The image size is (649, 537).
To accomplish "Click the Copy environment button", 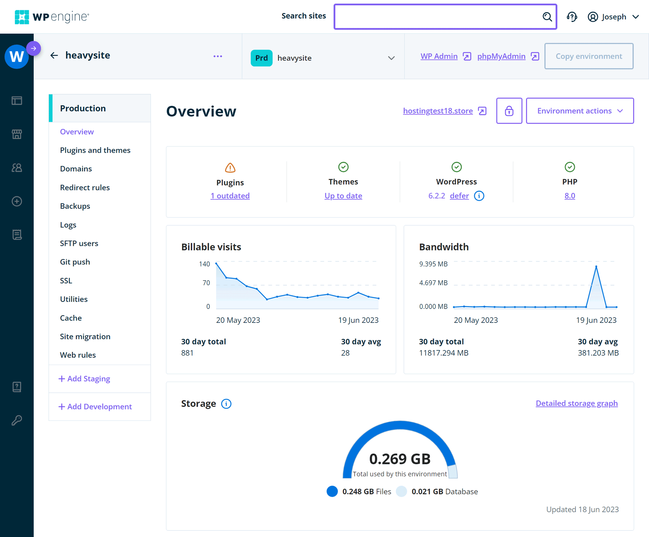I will click(588, 56).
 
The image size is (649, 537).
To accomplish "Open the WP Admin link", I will click(439, 56).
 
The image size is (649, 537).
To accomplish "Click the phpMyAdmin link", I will click(501, 56).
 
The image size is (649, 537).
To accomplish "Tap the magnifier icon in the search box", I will click(547, 17).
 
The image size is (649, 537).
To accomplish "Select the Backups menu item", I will click(75, 206).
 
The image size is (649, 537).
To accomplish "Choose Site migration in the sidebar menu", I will click(85, 336).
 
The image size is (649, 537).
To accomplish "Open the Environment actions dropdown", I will click(579, 111).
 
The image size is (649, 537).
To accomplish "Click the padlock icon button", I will click(509, 111).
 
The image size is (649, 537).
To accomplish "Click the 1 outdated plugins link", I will click(230, 196).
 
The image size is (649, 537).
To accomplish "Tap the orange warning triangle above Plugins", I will click(230, 168).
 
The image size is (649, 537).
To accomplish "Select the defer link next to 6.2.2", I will click(459, 196).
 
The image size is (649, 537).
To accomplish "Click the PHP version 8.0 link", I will click(570, 196).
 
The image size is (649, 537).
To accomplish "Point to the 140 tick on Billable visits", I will click(204, 264).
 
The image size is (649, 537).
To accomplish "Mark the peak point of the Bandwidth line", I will click(596, 266).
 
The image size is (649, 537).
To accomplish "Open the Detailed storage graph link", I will click(576, 403).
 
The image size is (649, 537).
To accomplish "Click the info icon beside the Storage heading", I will click(226, 404).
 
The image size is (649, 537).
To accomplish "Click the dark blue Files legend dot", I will click(332, 491).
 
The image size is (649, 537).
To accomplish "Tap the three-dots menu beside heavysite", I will click(218, 56).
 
